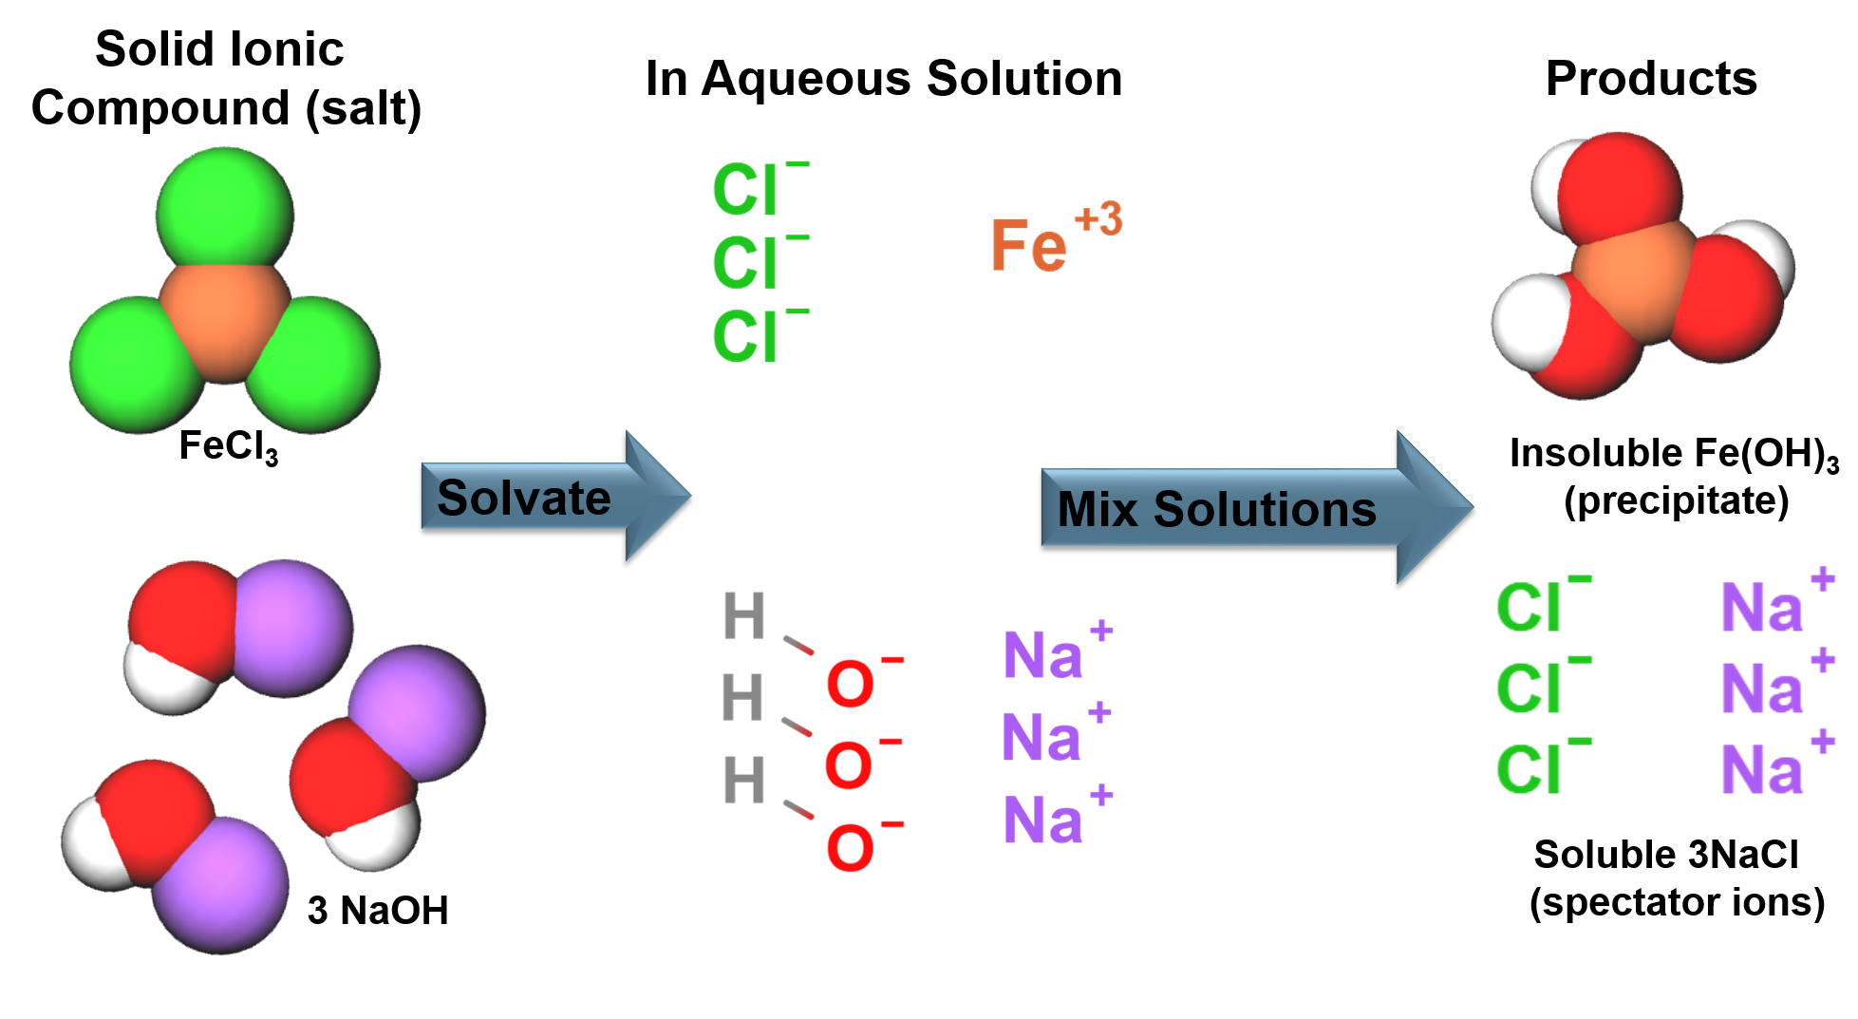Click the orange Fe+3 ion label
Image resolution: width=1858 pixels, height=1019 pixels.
pyautogui.click(x=1029, y=245)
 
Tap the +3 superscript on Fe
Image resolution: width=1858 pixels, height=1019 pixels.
pyautogui.click(x=1098, y=219)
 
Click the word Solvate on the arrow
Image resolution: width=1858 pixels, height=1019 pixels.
pyautogui.click(x=523, y=498)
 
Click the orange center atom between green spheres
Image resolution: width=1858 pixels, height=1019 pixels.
pyautogui.click(x=225, y=320)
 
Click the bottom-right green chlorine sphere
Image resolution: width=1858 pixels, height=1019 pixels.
pyautogui.click(x=316, y=366)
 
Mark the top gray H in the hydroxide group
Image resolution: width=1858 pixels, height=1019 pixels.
pyautogui.click(x=744, y=615)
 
